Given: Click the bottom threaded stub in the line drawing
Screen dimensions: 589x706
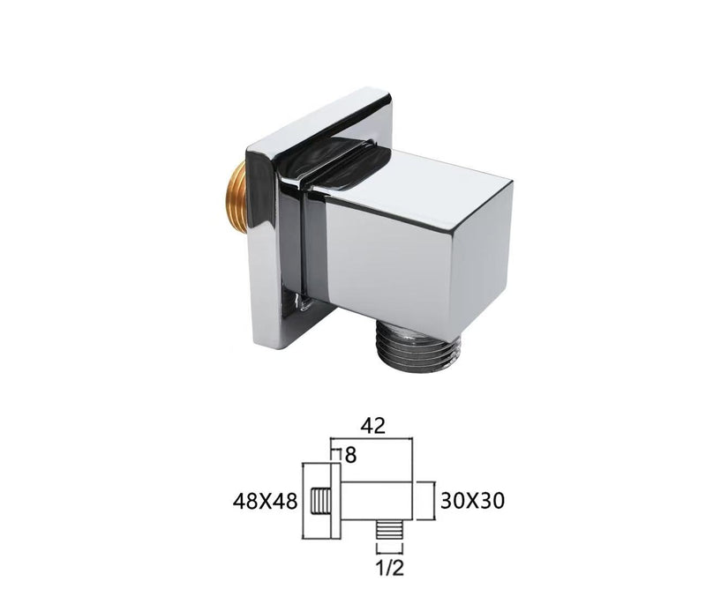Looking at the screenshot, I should click(x=385, y=532).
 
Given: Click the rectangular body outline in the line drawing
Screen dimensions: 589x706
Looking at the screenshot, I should click(x=378, y=501).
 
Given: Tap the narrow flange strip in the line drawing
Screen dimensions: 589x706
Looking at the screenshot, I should click(x=336, y=501).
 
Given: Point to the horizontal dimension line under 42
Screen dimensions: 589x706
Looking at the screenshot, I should click(x=372, y=438).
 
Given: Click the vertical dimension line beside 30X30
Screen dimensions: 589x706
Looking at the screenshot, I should click(x=431, y=501).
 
